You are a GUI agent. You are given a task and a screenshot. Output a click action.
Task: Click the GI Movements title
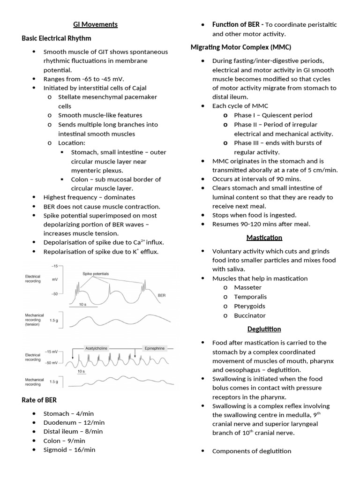point(95,24)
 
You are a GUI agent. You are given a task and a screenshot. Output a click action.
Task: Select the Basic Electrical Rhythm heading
point(56,38)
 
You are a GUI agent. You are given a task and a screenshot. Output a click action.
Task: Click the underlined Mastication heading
point(264,238)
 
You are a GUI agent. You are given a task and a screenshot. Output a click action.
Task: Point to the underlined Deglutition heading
point(264,329)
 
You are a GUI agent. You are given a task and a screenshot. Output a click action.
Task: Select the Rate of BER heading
point(39,399)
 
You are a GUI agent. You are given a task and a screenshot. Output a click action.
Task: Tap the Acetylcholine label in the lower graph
point(96,348)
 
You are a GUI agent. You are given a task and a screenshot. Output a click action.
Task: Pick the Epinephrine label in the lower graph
point(154,348)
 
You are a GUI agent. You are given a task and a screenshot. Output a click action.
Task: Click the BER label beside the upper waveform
point(162,296)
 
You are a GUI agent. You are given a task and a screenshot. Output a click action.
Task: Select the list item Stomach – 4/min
point(68,413)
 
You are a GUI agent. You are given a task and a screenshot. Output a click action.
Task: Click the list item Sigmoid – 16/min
point(69,450)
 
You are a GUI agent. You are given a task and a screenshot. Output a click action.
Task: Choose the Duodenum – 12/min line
point(74,422)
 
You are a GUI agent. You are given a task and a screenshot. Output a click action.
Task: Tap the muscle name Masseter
point(247,287)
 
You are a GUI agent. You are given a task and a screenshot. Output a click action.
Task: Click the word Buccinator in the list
point(250,315)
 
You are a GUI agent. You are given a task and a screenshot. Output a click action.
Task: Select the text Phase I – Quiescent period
point(273,115)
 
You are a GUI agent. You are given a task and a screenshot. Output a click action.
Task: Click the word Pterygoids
point(249,306)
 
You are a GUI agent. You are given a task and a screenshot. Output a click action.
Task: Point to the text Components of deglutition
point(251,451)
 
